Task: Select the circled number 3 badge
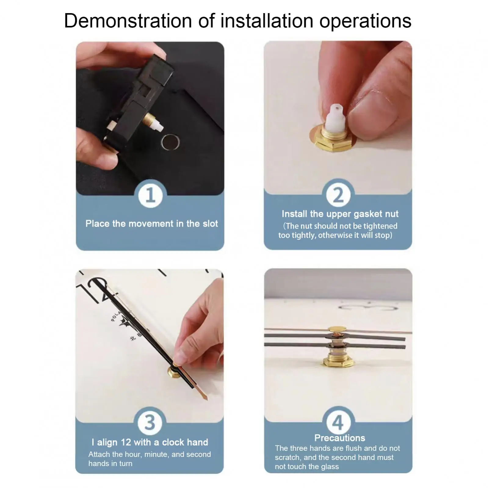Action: [x=150, y=423]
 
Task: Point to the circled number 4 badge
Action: [x=338, y=423]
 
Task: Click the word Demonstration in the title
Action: [x=128, y=21]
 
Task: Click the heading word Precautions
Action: [x=340, y=438]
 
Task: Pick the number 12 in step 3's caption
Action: [x=126, y=442]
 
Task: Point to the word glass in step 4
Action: [x=330, y=467]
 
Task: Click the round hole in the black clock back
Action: [x=170, y=142]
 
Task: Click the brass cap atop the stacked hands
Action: [x=337, y=329]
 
